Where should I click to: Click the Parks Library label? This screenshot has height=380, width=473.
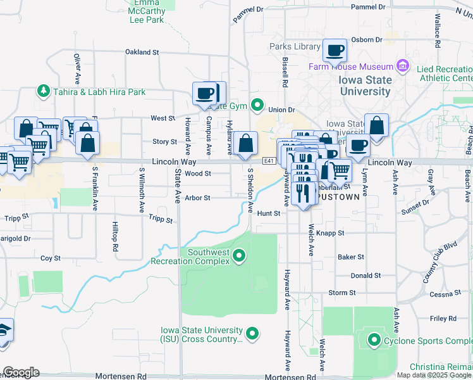(x=295, y=47)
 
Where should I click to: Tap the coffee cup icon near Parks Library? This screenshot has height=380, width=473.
(x=335, y=50)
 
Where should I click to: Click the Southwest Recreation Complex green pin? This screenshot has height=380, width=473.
(x=239, y=256)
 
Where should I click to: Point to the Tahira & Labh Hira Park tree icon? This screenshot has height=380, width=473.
(x=44, y=92)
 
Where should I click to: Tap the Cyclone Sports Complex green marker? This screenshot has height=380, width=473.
(x=374, y=341)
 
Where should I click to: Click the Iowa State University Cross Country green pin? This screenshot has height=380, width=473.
(x=252, y=333)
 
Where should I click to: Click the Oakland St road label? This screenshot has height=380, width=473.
(x=141, y=52)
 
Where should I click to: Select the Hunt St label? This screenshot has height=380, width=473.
(x=269, y=213)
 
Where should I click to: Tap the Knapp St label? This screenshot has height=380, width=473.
(x=331, y=233)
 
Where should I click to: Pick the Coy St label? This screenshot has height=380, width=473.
(x=51, y=258)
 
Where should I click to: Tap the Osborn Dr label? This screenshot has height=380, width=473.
(x=367, y=39)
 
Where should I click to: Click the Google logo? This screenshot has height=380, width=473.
(x=21, y=372)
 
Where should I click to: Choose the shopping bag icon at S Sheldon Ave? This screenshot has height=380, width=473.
(x=245, y=144)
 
